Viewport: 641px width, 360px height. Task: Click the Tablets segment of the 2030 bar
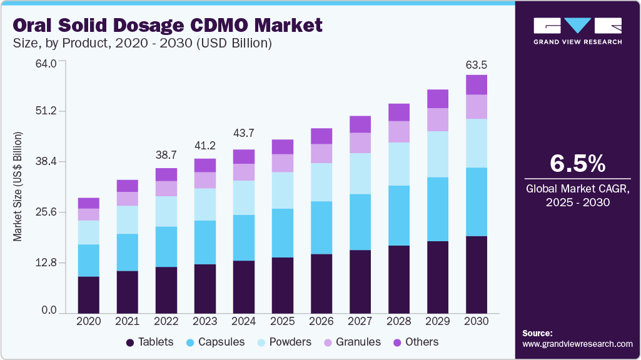(x=477, y=274)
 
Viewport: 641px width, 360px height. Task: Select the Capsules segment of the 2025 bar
(x=283, y=232)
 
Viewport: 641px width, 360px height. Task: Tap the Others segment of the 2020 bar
(x=89, y=203)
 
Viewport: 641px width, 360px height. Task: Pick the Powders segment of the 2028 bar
(x=399, y=164)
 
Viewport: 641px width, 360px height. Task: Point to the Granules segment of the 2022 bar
(x=166, y=189)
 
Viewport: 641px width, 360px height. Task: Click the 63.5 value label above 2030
(x=477, y=64)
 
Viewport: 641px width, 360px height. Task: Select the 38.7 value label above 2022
(x=166, y=154)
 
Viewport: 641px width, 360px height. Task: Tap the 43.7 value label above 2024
(x=244, y=133)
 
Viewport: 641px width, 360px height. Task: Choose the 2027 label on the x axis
(x=360, y=321)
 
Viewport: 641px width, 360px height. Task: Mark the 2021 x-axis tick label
(x=128, y=321)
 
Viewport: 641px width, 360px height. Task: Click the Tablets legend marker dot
(x=130, y=342)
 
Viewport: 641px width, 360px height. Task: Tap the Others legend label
(x=421, y=342)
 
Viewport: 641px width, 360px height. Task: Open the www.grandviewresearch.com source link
(x=577, y=344)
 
